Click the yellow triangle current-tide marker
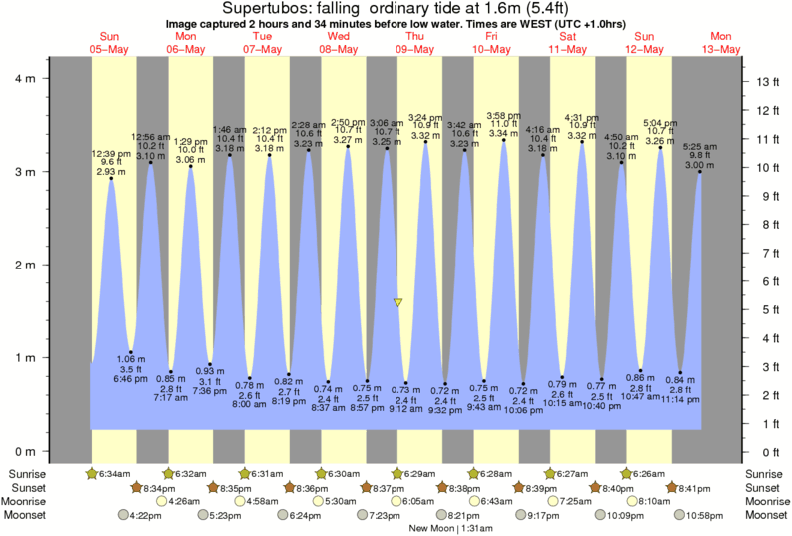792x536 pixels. click(398, 302)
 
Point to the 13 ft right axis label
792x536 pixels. click(766, 81)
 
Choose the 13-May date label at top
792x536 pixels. click(721, 49)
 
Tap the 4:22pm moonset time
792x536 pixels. click(146, 515)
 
